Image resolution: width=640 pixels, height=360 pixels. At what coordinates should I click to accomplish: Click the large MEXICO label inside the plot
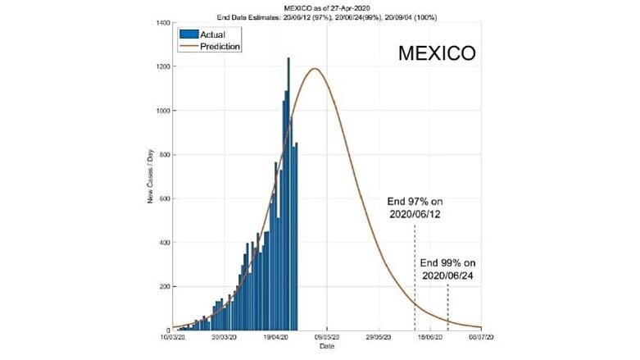coord(436,53)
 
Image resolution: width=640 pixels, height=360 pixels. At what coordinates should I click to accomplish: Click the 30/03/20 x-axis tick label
coord(224,337)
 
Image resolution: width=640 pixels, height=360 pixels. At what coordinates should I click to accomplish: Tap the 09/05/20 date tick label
coord(327,337)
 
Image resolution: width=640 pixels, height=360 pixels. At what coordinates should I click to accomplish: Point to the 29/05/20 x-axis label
coord(379,337)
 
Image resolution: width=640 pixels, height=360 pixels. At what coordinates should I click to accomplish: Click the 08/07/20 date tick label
coord(481,337)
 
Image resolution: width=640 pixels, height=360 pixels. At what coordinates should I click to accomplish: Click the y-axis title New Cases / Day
coord(151,177)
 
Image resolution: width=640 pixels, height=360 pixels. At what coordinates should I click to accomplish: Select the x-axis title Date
coord(326,347)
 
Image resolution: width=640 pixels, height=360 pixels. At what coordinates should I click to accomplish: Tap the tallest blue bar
coord(288,59)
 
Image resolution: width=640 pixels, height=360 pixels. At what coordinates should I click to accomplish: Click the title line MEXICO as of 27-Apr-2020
coord(326,7)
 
